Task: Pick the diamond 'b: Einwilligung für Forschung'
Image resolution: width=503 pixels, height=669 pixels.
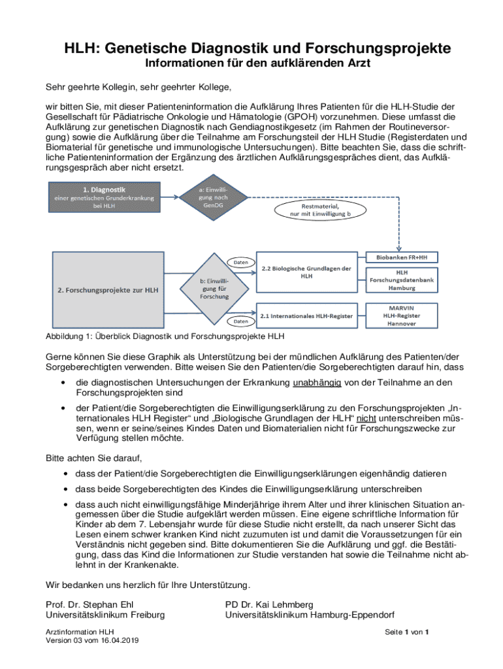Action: [214, 289]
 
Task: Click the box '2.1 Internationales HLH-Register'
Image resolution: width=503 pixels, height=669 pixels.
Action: [307, 316]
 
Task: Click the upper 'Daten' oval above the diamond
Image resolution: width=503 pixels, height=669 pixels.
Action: [241, 262]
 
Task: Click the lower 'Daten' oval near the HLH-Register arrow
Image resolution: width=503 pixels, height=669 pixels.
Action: [241, 321]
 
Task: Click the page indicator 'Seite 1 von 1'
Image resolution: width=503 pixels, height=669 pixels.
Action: [406, 632]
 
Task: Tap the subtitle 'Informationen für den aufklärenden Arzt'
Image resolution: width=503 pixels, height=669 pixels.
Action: [252, 65]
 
